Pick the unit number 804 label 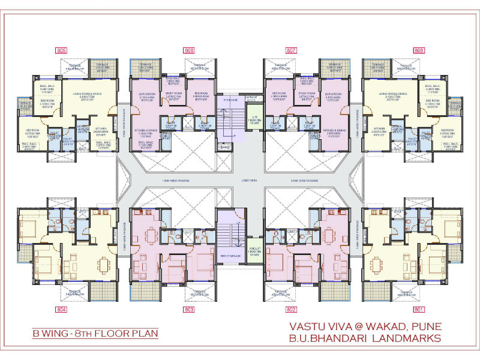61,310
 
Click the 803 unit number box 189,310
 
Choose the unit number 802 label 292,310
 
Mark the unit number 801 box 419,310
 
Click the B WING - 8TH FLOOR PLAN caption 96,332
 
